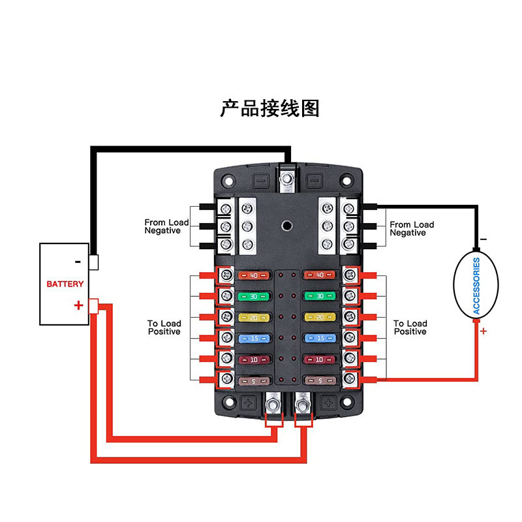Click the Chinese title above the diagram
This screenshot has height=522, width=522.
pos(270,108)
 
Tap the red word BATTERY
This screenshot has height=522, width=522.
pos(65,284)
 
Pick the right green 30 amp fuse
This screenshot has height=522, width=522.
pos(320,296)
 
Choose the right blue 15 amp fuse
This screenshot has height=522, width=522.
pos(320,338)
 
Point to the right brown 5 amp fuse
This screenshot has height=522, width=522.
pos(320,380)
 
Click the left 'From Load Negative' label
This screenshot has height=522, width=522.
pos(166,226)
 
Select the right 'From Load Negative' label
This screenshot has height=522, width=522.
pos(412,229)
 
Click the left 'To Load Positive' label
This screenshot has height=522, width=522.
pos(164,328)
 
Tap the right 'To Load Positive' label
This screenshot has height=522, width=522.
pos(410,328)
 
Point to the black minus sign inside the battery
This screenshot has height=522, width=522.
pos(78,262)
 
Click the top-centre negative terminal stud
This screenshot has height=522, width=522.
pos(286,177)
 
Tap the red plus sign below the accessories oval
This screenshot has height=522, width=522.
pos(484,331)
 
